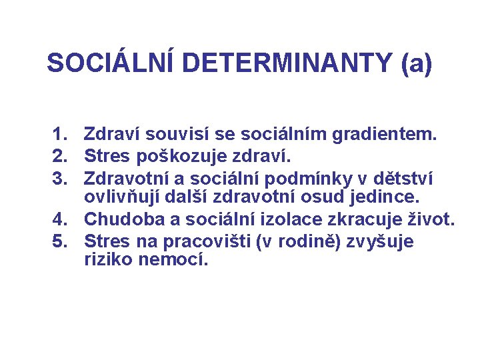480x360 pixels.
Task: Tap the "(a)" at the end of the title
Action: pos(417,63)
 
